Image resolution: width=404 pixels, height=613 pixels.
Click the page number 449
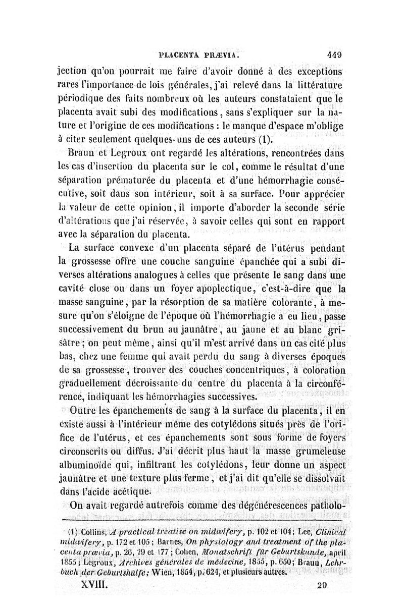[x=335, y=55]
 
